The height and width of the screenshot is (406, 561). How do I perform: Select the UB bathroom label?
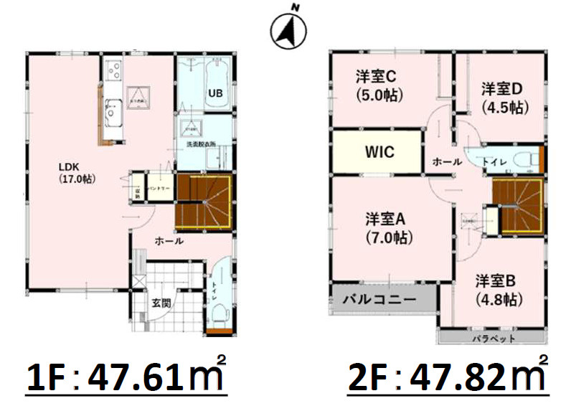[214, 93]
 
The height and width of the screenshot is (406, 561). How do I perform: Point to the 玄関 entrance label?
[161, 303]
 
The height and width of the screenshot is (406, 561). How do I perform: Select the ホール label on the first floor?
[169, 242]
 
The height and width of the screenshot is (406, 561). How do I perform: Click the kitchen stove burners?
[114, 70]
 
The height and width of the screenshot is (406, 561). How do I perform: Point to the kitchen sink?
[113, 111]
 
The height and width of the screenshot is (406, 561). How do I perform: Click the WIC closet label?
[379, 152]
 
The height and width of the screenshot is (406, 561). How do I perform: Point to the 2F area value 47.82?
[453, 377]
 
